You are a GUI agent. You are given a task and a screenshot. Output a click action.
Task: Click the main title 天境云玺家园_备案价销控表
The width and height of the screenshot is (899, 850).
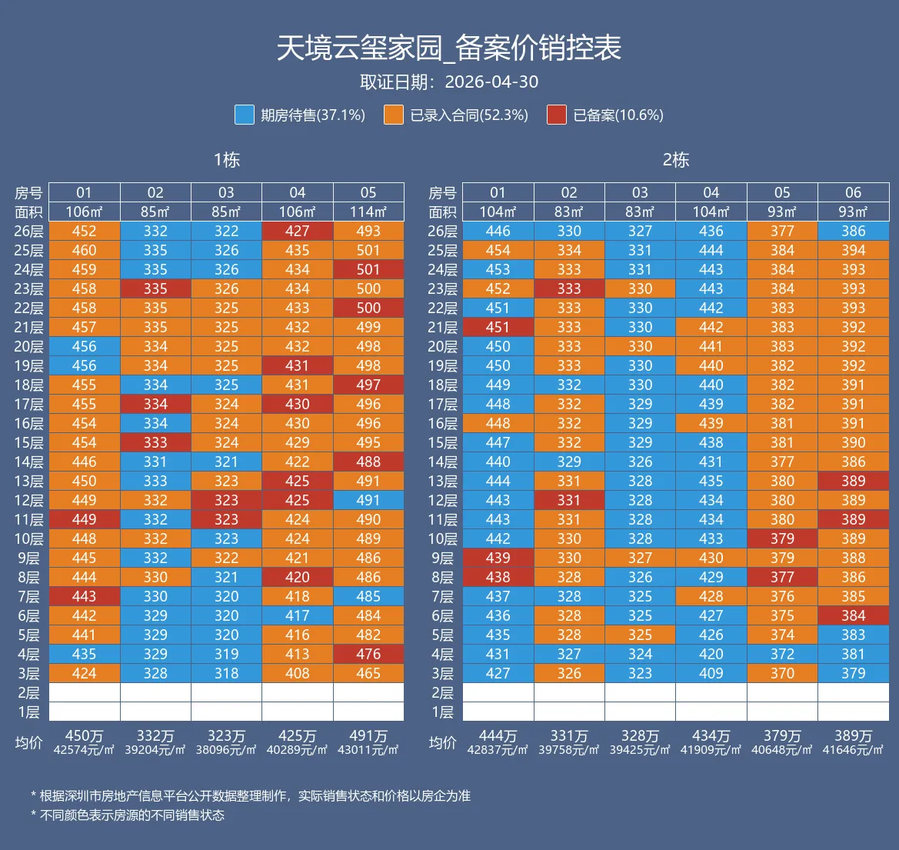tap(449, 48)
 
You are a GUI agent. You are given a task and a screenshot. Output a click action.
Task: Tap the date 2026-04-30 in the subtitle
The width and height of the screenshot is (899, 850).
tap(491, 82)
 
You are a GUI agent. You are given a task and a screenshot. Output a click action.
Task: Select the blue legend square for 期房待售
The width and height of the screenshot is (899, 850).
tap(245, 115)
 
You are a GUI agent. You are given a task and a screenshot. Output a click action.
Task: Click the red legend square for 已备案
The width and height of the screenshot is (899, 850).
tap(557, 115)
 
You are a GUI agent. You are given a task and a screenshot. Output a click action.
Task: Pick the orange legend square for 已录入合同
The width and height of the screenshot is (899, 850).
tap(394, 115)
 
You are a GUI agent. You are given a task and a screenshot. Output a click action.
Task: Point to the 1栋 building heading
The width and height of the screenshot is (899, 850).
tap(226, 159)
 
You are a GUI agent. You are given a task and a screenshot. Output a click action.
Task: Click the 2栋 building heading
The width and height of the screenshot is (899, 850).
tap(676, 159)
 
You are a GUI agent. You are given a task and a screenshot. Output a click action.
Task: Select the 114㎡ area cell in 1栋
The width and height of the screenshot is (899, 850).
tap(368, 212)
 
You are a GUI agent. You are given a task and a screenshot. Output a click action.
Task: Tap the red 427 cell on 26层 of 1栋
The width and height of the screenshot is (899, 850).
tap(298, 231)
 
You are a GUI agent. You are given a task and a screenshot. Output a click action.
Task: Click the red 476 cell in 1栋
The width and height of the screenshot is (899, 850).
tap(368, 654)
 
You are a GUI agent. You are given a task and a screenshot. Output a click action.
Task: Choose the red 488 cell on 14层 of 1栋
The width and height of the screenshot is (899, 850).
tap(368, 462)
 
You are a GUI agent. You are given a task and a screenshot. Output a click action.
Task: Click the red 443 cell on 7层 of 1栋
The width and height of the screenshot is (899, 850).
tap(85, 596)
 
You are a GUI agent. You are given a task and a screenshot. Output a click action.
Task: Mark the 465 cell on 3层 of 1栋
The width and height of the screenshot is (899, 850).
tap(368, 673)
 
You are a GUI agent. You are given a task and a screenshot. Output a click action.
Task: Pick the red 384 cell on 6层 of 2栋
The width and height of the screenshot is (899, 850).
tap(853, 615)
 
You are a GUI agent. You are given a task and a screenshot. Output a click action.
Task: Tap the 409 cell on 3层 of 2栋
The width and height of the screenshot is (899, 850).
tap(711, 673)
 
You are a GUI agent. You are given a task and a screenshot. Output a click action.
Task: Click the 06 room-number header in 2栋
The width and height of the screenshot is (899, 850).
tap(853, 192)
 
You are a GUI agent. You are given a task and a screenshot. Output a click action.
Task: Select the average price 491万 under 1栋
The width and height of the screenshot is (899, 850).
tap(368, 736)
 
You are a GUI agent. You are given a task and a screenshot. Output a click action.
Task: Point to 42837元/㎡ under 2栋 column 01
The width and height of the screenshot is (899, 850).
tap(498, 750)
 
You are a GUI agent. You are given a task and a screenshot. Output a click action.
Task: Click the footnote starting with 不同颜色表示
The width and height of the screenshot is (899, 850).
tap(128, 815)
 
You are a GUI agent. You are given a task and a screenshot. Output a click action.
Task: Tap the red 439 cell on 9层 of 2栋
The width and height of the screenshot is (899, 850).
tap(498, 558)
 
